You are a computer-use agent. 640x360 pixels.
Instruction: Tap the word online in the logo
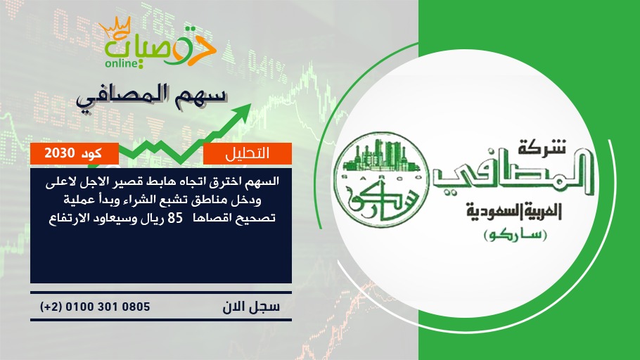(121, 63)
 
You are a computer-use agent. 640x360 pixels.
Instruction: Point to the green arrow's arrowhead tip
(250, 104)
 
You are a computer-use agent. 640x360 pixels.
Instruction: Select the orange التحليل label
(248, 153)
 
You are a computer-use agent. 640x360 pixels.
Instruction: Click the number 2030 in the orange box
(60, 153)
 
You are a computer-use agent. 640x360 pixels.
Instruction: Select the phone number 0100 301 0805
(108, 307)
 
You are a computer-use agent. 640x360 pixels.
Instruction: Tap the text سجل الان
(251, 307)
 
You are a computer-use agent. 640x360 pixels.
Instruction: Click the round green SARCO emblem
(381, 180)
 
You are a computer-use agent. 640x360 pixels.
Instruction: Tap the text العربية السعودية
(514, 212)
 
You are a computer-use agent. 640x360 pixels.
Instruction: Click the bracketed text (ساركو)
(515, 236)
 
